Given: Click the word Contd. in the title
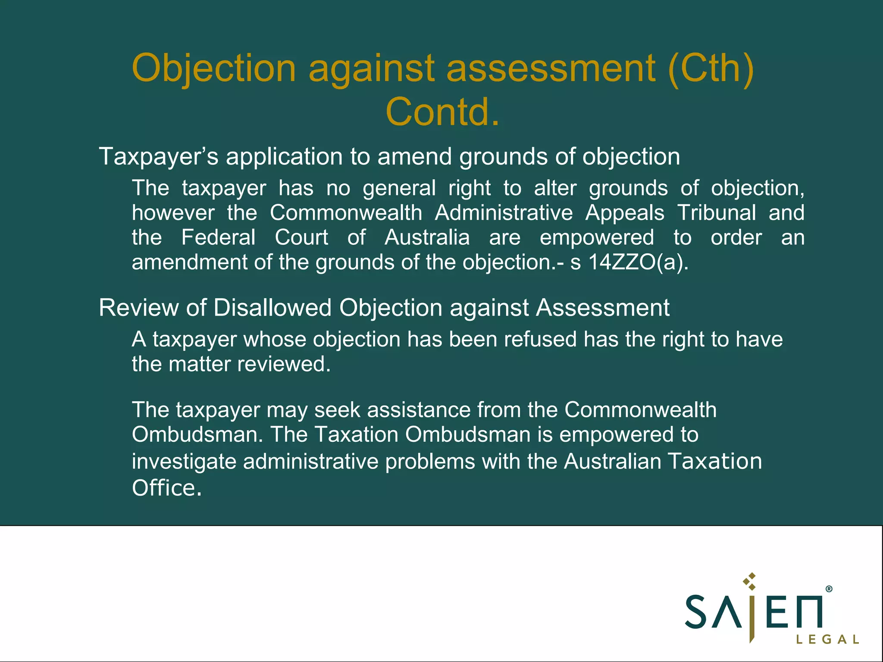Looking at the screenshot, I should tap(442, 112).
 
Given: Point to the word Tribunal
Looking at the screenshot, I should tap(717, 213).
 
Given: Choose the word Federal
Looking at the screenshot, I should tap(218, 237).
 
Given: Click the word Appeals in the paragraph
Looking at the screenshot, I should tap(625, 213).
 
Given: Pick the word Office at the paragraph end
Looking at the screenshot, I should tap(166, 488).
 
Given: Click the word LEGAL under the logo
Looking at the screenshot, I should tap(827, 639).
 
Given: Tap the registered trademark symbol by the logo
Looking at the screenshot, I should tap(829, 589).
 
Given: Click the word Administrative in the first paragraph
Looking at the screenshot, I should tap(504, 213).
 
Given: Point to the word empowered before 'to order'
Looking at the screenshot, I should tap(597, 237).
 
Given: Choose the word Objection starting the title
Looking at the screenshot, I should tap(214, 68).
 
